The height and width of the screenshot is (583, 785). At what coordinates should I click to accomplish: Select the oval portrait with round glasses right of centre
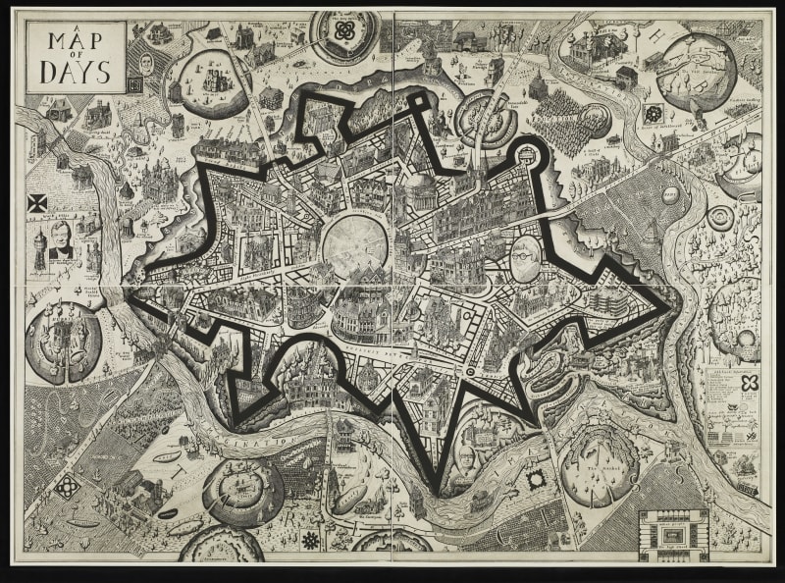point(527,257)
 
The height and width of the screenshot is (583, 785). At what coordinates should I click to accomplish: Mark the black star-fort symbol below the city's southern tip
point(536,480)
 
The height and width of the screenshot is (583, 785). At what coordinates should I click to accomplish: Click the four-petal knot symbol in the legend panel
point(751,383)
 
